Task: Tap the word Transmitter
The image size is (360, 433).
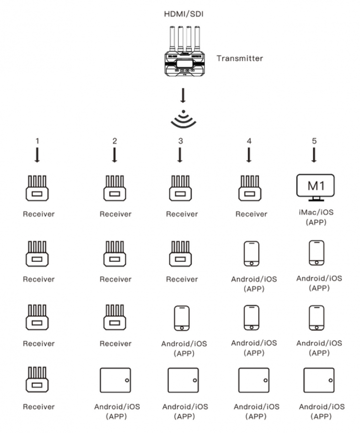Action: [x=239, y=58]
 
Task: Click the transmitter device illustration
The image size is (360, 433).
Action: [x=183, y=54]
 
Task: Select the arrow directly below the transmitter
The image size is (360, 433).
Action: [x=183, y=95]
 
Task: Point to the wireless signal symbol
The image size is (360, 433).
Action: [x=183, y=119]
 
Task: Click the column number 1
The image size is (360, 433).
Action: [x=37, y=141]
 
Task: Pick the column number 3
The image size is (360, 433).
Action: [x=180, y=141]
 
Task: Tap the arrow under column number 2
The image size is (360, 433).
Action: [x=115, y=155]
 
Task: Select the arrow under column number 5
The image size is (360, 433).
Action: [x=314, y=155]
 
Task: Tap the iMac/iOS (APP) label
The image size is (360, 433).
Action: [x=315, y=218]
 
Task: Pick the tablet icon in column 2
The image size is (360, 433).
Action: [x=115, y=379]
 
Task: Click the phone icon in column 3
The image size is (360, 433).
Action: [x=181, y=318]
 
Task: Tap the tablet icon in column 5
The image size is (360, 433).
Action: [x=319, y=379]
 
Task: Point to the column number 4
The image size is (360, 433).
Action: [x=249, y=141]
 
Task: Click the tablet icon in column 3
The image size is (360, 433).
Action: [x=183, y=379]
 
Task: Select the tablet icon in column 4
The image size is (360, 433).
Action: [x=253, y=379]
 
